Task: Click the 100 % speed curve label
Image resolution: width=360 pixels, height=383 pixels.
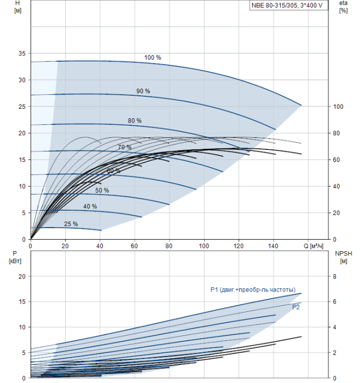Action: point(153,57)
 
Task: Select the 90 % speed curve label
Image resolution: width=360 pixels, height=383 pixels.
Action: point(143,91)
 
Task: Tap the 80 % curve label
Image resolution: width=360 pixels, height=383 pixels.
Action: point(135,120)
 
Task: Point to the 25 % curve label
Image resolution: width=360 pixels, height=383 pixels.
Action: point(71,224)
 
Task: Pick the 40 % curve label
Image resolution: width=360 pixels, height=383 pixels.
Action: point(90,206)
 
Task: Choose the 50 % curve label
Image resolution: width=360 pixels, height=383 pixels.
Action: point(102,190)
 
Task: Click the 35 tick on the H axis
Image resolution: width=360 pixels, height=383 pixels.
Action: point(22,54)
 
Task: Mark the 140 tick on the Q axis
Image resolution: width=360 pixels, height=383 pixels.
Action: point(274,246)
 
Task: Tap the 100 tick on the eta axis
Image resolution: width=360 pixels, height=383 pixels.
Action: point(338,107)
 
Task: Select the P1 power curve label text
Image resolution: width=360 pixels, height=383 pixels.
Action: point(253,289)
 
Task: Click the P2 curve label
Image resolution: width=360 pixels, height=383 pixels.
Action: point(295,307)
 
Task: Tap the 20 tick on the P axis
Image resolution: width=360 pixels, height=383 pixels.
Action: point(22,276)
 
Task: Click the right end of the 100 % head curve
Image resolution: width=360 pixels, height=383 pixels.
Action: point(301,105)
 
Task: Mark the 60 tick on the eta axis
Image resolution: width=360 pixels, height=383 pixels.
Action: point(337,160)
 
